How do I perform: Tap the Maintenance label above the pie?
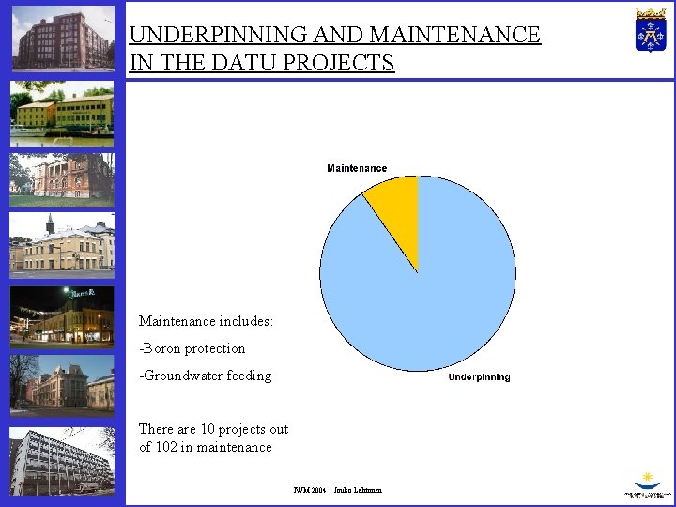[x=357, y=168]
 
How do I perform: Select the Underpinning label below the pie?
[x=479, y=377]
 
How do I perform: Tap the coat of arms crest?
[x=651, y=31]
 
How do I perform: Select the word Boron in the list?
[x=164, y=348]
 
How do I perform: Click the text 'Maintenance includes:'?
[x=206, y=321]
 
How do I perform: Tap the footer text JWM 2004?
[x=309, y=490]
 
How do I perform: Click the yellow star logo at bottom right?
[x=646, y=479]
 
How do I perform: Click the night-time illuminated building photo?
[x=62, y=316]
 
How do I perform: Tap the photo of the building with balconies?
[x=62, y=460]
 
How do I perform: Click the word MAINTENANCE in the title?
[x=455, y=36]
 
